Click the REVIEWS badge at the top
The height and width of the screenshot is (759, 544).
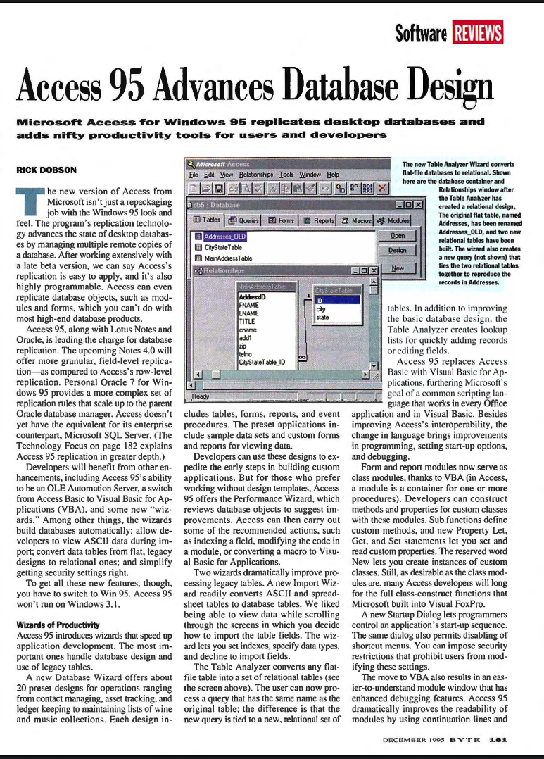478,33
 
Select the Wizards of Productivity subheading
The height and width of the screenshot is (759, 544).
58,625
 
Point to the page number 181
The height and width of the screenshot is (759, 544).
499,741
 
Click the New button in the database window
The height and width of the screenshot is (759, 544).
398,268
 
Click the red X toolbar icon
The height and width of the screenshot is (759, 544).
382,188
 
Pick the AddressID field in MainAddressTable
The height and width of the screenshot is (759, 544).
252,297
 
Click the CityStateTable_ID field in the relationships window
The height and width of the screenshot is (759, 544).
262,362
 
